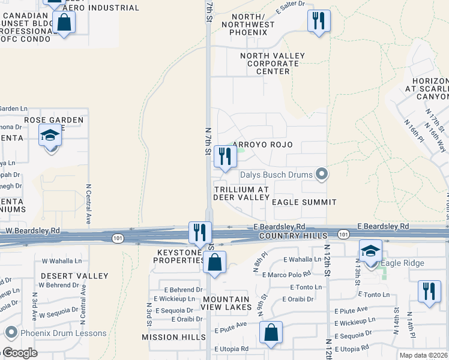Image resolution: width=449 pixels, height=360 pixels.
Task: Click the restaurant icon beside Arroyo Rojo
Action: pos(225,157)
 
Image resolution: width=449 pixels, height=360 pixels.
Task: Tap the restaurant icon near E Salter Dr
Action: pos(319,21)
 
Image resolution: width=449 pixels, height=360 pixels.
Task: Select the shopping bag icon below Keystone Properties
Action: pos(214,263)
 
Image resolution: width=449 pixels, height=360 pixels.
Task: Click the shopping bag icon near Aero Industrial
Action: pos(64,23)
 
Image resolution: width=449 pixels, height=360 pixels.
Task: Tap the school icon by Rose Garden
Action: pos(50,136)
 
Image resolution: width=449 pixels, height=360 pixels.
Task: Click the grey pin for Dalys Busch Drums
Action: pos(322,175)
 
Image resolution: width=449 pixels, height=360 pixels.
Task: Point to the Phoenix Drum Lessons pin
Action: pos(10,333)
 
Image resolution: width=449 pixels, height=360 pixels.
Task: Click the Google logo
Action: pos(19,353)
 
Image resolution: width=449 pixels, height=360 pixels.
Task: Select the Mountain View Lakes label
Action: pos(226,304)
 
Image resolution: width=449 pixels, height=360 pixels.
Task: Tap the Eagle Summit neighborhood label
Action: pos(304,202)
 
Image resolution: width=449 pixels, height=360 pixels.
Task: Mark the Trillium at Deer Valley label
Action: pos(242,193)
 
